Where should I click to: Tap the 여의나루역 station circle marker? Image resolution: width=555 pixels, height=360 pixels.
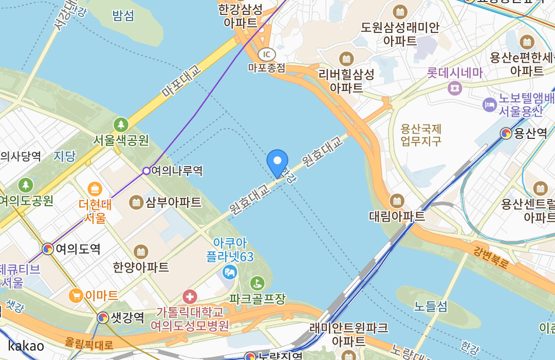pos(146,171)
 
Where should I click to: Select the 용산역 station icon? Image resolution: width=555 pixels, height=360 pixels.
pos(506,134)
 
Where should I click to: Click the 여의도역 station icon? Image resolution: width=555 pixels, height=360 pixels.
pos(48,249)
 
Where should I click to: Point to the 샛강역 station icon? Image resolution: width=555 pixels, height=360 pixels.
pos(103,318)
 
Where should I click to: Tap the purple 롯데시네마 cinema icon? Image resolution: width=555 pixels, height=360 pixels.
pos(454,88)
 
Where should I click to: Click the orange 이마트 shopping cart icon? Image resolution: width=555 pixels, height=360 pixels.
pos(76,295)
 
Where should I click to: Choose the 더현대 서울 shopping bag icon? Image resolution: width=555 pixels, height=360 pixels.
pos(95,189)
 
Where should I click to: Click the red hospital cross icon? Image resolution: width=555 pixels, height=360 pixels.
pos(190,296)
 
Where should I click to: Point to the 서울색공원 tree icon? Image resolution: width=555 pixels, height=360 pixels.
pos(121,124)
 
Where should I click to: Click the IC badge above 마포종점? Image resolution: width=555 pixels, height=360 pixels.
pos(266,54)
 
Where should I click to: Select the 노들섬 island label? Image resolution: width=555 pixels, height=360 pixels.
pos(431,307)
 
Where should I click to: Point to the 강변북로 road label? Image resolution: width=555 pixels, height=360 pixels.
pos(491,256)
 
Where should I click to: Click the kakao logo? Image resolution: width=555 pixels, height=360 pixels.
pos(26,346)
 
